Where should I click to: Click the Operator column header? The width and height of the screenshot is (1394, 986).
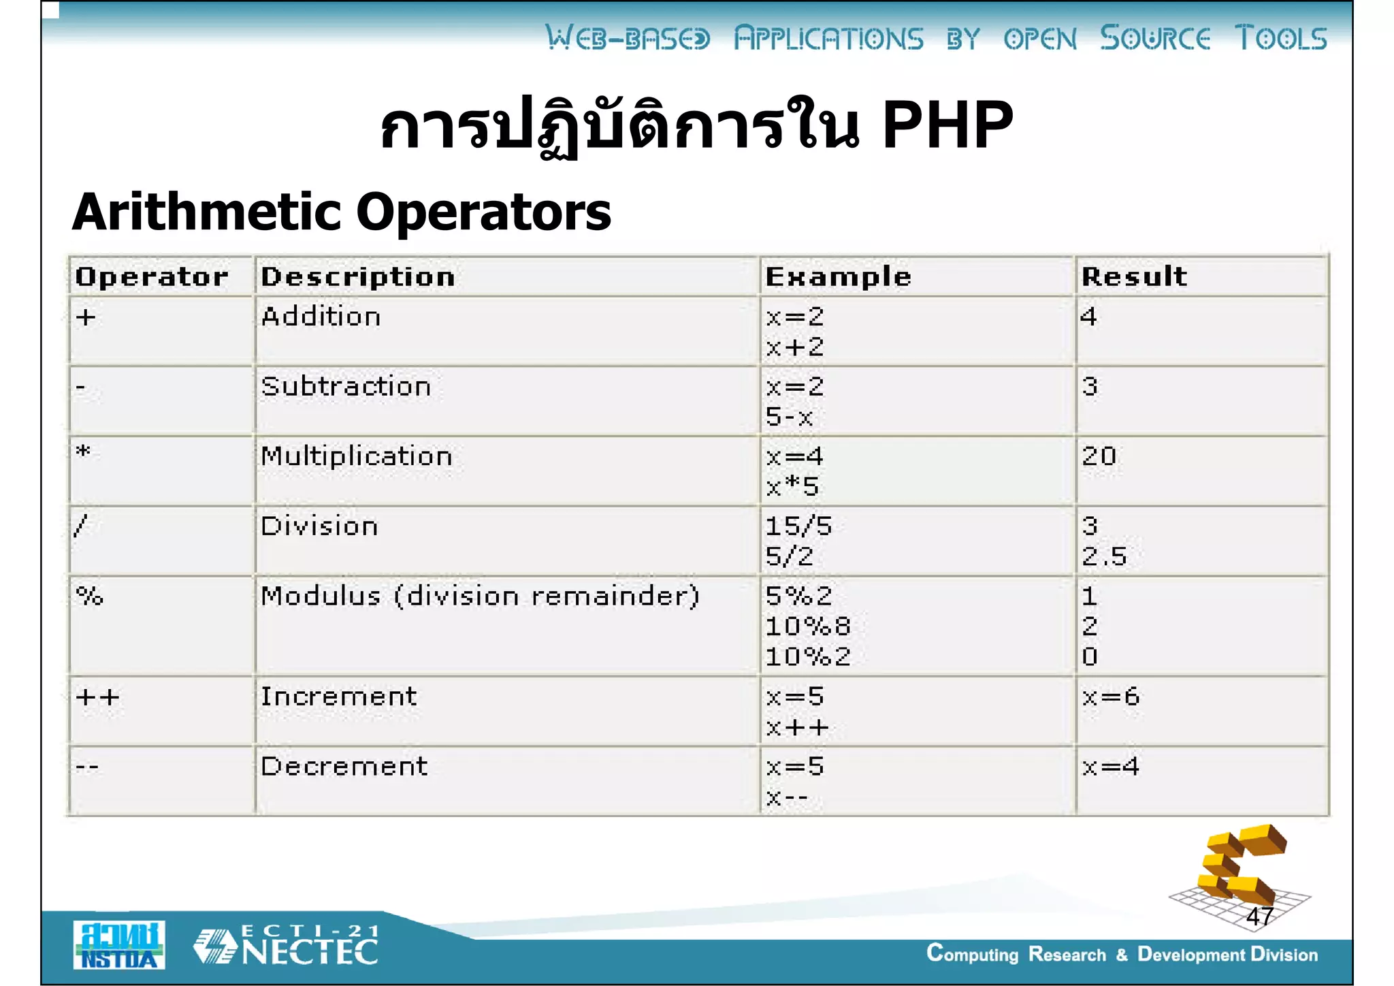(x=152, y=276)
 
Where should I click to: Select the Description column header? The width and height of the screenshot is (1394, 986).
(x=358, y=276)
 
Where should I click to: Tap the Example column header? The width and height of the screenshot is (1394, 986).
(x=838, y=276)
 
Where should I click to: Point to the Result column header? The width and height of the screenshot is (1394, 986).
(x=1134, y=276)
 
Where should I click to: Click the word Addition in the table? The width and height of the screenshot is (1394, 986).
(x=321, y=317)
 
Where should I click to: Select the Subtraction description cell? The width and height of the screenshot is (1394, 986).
(x=346, y=387)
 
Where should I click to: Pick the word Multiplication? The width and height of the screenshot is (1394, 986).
(x=356, y=456)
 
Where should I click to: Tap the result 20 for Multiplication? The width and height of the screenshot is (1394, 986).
(x=1099, y=456)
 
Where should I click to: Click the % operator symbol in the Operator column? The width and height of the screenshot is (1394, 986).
(x=89, y=597)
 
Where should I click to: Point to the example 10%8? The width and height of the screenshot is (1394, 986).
(x=807, y=626)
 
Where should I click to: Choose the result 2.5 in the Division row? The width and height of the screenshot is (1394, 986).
(x=1104, y=557)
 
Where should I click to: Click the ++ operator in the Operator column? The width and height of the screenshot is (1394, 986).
(x=97, y=697)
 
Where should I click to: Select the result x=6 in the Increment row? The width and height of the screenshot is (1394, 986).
(x=1110, y=697)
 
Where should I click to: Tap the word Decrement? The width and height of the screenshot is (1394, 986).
(x=344, y=767)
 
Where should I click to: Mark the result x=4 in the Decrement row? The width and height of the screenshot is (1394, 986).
(x=1110, y=767)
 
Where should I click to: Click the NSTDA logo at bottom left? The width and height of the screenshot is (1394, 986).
(x=119, y=945)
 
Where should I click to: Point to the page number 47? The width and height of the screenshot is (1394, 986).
(x=1260, y=917)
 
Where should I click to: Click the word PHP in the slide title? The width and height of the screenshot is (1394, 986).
(x=947, y=125)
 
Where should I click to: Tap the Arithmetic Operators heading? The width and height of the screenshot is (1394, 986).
(x=342, y=212)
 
